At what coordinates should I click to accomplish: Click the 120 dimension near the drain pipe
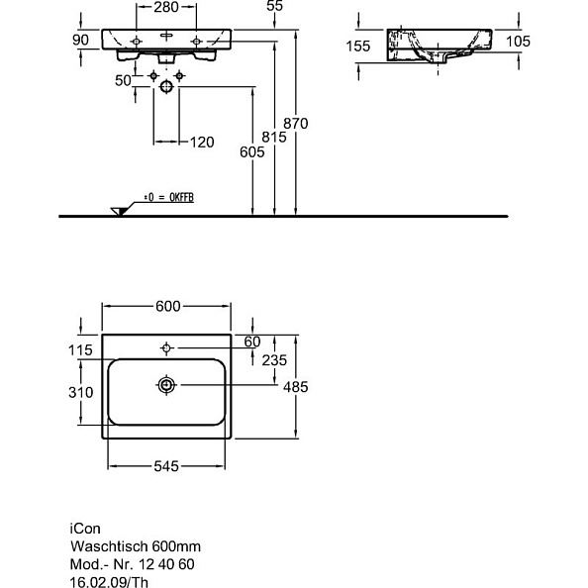201,143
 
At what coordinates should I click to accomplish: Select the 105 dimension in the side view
517,41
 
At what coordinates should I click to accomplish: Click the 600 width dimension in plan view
168,306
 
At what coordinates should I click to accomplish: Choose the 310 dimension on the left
80,392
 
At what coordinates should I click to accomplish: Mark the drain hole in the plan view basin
167,383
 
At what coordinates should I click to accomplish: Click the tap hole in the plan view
167,347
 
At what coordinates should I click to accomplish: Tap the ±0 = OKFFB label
167,198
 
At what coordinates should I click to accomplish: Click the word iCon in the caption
84,528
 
